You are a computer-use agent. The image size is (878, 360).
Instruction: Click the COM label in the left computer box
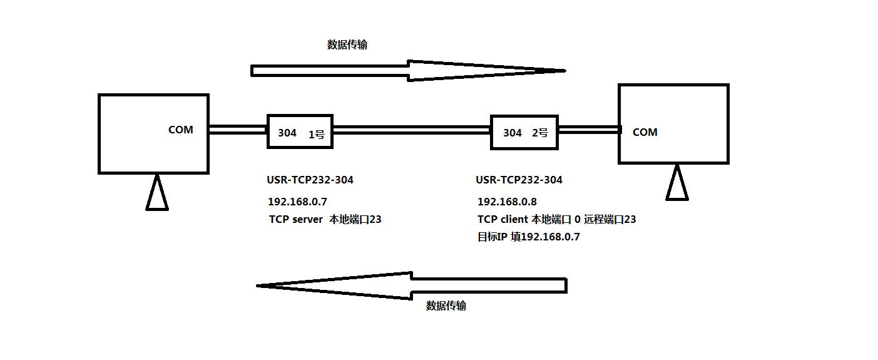tap(181, 130)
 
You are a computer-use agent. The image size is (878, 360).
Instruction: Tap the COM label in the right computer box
tap(645, 132)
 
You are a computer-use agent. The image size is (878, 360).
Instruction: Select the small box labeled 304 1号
tap(300, 131)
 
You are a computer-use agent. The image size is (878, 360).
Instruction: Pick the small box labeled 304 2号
tap(524, 132)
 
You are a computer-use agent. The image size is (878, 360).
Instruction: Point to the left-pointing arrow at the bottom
tap(411, 285)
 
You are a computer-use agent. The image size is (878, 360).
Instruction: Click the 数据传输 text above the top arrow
tap(347, 44)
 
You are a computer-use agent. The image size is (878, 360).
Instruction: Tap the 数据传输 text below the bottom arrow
tap(446, 306)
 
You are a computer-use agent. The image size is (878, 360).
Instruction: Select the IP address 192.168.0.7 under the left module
tap(297, 202)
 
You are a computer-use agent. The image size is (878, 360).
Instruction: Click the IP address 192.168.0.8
tap(507, 202)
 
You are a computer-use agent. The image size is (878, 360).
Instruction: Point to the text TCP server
tap(296, 219)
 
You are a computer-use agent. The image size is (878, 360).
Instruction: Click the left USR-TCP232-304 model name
tap(310, 180)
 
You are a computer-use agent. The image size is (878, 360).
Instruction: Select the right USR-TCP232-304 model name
tap(519, 180)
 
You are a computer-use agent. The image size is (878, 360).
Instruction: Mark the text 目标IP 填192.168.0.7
tap(528, 237)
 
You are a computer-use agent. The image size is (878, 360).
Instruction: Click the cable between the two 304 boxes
tap(411, 130)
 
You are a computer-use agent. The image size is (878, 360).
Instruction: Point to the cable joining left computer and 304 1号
tap(238, 130)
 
